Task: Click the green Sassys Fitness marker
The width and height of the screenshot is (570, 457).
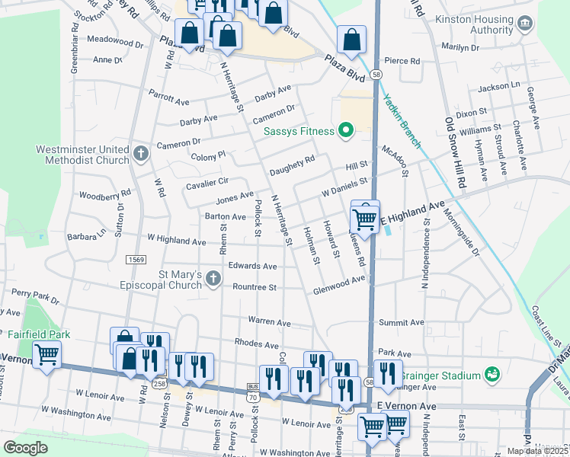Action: [x=345, y=131]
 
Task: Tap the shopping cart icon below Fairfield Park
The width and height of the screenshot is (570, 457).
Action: [x=47, y=354]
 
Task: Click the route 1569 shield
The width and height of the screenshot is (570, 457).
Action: [x=137, y=260]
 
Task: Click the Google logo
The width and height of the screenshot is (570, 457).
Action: [x=25, y=448]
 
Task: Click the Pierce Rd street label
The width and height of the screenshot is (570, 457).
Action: [x=402, y=61]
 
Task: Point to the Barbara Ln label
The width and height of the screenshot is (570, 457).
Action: [x=87, y=237]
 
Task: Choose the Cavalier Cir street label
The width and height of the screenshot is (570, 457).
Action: [x=207, y=183]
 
